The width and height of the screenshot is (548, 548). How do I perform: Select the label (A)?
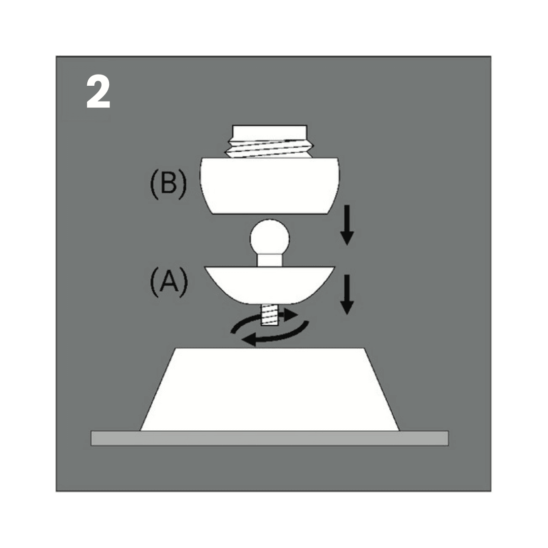click(169, 283)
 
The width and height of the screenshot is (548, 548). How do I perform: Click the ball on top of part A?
click(269, 238)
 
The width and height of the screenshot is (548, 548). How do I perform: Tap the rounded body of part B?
click(269, 186)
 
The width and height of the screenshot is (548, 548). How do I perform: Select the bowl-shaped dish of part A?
click(269, 285)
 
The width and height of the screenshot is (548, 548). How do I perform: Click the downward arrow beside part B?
click(347, 225)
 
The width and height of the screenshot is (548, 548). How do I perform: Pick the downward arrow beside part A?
click(347, 295)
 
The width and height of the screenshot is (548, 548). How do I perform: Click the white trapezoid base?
click(269, 389)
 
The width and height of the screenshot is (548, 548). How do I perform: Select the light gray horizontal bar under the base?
click(269, 438)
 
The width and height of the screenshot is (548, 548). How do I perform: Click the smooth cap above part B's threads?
click(269, 131)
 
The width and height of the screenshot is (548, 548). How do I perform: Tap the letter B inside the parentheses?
click(168, 184)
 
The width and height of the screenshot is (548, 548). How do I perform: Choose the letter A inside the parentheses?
click(169, 282)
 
